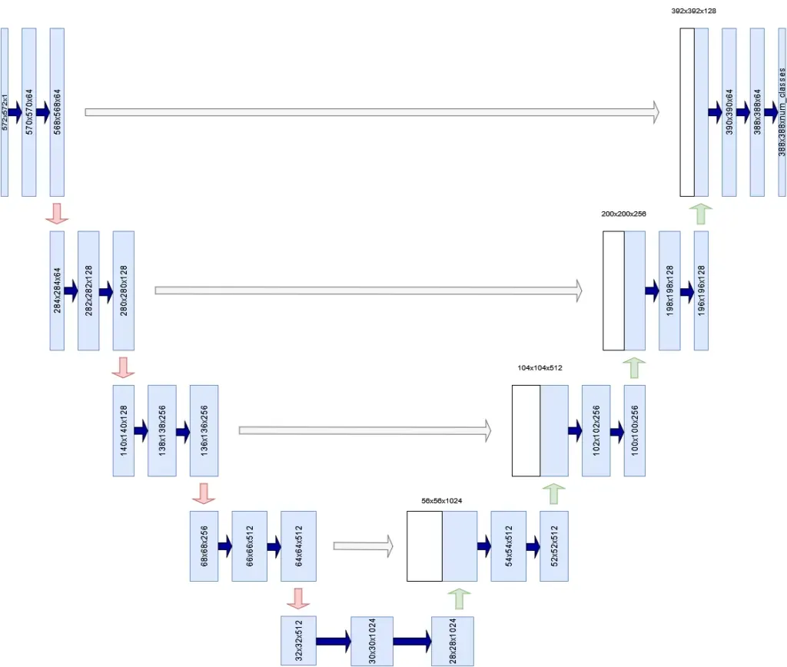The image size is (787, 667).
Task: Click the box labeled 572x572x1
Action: click(5, 111)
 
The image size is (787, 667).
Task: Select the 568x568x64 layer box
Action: click(57, 111)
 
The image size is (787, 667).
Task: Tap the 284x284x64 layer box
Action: click(57, 290)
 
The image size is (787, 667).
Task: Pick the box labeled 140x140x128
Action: click(123, 430)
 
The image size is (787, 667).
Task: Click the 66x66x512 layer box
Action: click(250, 546)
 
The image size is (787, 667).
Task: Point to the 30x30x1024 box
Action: click(372, 640)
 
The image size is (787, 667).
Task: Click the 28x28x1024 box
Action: click(452, 640)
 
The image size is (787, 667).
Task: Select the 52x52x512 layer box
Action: click(553, 546)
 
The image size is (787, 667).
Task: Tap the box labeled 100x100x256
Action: click(634, 430)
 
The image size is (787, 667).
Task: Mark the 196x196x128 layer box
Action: click(700, 290)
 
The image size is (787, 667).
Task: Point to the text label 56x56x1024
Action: click(441, 500)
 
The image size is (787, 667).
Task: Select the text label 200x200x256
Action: click(623, 214)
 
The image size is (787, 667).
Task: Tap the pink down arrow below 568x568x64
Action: click(57, 214)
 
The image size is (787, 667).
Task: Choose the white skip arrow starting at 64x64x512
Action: click(363, 546)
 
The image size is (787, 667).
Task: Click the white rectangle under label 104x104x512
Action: click(526, 430)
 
